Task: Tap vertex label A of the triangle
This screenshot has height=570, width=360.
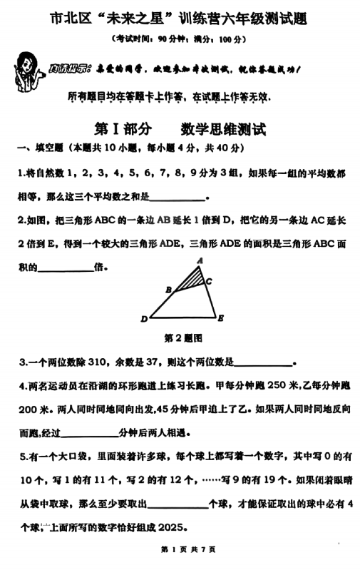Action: click(x=200, y=261)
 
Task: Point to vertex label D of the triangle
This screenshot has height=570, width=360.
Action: click(x=144, y=318)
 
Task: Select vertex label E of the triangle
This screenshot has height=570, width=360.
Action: click(x=221, y=317)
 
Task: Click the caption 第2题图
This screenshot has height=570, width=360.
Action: click(x=184, y=337)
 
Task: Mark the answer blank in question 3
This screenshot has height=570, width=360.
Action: click(x=263, y=362)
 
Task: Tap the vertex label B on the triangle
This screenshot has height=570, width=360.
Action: click(x=168, y=290)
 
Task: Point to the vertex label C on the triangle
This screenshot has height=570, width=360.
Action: click(x=209, y=282)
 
